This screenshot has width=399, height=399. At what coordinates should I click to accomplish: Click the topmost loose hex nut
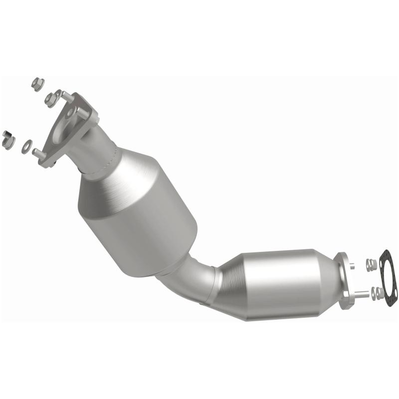click(37, 83)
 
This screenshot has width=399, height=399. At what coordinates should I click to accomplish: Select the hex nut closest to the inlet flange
click(51, 99)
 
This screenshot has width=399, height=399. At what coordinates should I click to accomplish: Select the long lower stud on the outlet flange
click(362, 294)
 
